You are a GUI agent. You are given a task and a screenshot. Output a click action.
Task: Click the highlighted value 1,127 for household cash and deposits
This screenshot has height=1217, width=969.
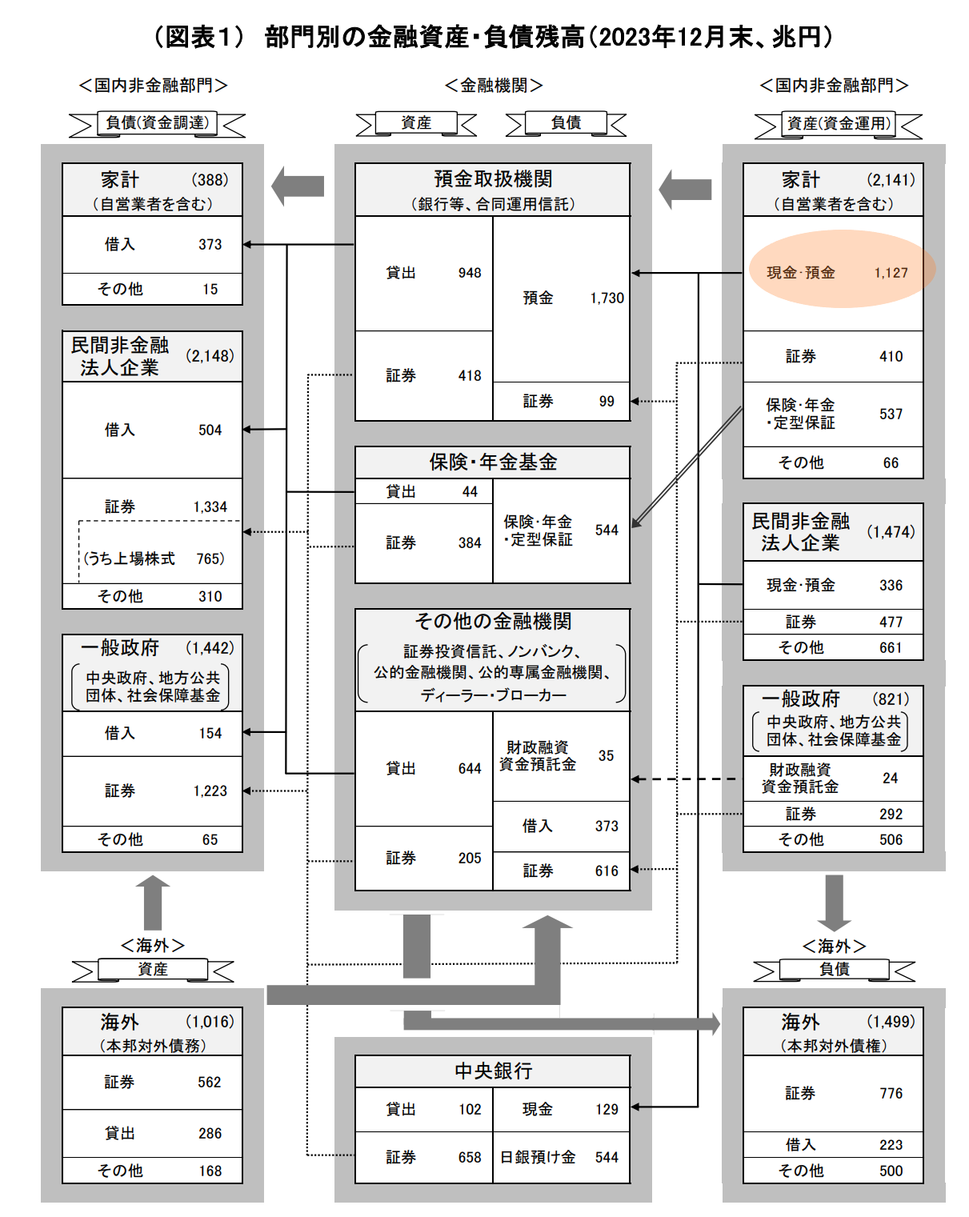click(x=891, y=273)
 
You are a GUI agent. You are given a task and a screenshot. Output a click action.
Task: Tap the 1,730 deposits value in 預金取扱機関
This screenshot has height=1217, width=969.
click(x=607, y=298)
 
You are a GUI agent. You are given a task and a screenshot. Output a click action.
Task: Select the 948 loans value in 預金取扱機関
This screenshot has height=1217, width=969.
click(x=470, y=273)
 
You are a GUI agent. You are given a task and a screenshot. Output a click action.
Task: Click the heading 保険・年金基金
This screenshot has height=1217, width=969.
click(x=493, y=462)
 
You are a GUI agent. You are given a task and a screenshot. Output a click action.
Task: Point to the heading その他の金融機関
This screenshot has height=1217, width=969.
click(x=493, y=621)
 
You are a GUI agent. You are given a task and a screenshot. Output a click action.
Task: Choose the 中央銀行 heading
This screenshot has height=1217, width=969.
click(x=493, y=1071)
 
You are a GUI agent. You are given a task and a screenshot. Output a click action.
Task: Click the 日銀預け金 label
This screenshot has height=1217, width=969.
click(x=538, y=1157)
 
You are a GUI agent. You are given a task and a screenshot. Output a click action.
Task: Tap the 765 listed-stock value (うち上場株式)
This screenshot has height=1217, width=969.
click(x=209, y=558)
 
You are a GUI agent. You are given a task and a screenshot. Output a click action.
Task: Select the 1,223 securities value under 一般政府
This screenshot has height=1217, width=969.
click(x=210, y=791)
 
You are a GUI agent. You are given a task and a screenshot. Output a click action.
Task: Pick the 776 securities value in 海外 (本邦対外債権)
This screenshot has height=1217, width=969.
click(x=891, y=1093)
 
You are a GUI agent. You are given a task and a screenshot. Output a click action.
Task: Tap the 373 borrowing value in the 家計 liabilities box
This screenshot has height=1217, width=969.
click(x=210, y=245)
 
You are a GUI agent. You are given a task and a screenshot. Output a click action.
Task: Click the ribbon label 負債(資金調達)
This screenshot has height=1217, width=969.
click(x=158, y=122)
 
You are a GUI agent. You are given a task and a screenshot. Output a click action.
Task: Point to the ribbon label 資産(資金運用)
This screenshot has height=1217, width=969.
click(x=838, y=123)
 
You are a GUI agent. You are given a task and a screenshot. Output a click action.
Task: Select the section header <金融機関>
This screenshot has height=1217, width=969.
click(x=493, y=86)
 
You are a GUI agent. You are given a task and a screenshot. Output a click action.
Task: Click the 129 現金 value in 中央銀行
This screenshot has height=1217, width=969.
click(x=607, y=1109)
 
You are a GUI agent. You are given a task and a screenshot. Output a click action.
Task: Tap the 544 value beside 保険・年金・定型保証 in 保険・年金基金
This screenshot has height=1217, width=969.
click(x=607, y=530)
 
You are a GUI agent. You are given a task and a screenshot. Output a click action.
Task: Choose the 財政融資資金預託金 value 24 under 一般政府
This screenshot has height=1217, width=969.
click(x=890, y=778)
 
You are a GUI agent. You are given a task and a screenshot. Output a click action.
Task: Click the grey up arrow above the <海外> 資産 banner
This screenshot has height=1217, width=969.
click(x=152, y=903)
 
